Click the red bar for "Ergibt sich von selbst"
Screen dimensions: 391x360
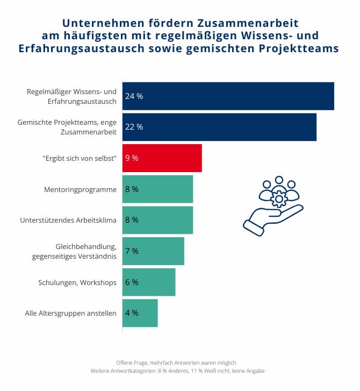[162, 158]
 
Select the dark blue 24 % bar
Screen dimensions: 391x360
[228, 96]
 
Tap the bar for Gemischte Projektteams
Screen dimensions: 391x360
[219, 127]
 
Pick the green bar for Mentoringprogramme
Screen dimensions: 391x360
[157, 189]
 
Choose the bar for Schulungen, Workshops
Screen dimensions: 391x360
[149, 282]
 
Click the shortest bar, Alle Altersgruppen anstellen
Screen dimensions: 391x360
[140, 313]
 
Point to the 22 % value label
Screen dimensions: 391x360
[134, 127]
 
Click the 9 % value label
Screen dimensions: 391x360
[132, 158]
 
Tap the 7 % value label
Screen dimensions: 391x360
[132, 251]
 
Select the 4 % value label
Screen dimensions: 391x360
[132, 313]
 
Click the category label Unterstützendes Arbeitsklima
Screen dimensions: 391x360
[68, 220]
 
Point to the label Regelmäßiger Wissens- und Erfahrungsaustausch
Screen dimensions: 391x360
[71, 96]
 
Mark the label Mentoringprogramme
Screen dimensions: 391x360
[80, 189]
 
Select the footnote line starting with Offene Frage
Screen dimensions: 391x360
[180, 362]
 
